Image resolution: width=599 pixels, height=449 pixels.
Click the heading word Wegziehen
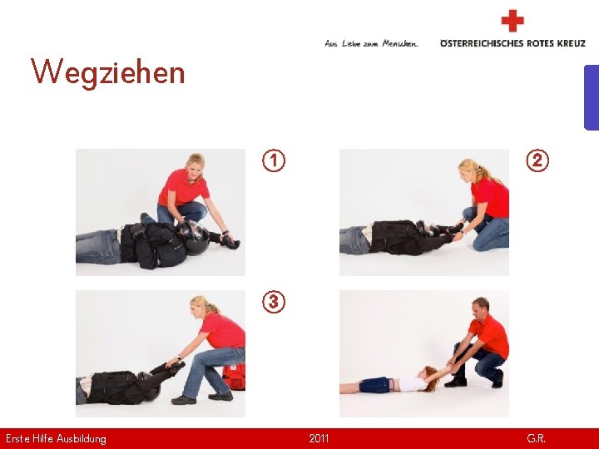pyautogui.click(x=107, y=72)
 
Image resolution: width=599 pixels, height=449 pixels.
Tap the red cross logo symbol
pyautogui.click(x=512, y=21)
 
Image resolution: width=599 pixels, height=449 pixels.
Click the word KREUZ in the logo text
pyautogui.click(x=571, y=43)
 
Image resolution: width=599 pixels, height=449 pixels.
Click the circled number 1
pyautogui.click(x=274, y=160)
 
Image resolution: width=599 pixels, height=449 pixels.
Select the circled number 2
pyautogui.click(x=537, y=160)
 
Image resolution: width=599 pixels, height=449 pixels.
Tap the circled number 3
pyautogui.click(x=274, y=302)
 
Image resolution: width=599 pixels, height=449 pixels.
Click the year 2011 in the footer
pyautogui.click(x=319, y=438)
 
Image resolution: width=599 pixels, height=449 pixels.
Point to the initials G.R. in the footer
pyautogui.click(x=536, y=438)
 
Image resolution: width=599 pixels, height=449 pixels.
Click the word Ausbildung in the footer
pyautogui.click(x=81, y=439)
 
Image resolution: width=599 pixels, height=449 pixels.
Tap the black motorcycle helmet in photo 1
pyautogui.click(x=195, y=238)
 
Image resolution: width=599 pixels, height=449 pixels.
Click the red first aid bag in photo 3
pyautogui.click(x=234, y=377)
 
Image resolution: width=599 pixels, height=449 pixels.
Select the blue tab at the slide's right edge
pyautogui.click(x=592, y=98)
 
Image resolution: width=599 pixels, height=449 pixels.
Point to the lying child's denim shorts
pyautogui.click(x=376, y=384)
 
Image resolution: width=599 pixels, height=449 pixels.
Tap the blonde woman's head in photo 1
pyautogui.click(x=196, y=165)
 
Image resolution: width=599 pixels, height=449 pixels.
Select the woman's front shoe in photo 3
pyautogui.click(x=183, y=400)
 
